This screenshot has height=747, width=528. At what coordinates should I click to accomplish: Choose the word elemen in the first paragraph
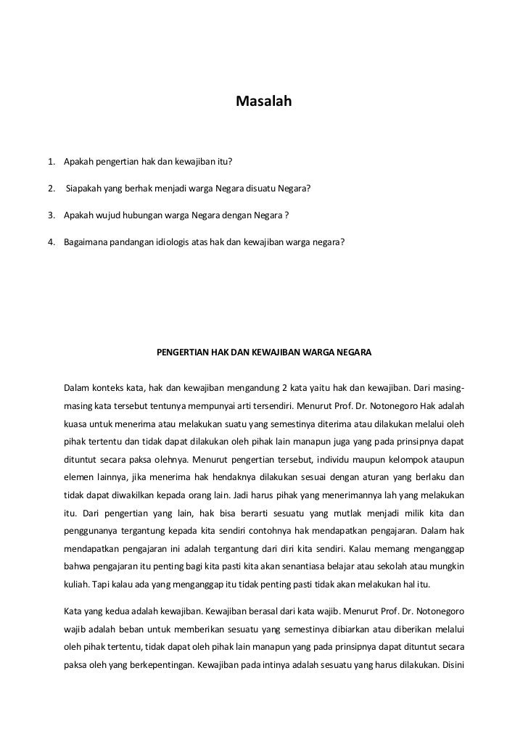coord(79,479)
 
